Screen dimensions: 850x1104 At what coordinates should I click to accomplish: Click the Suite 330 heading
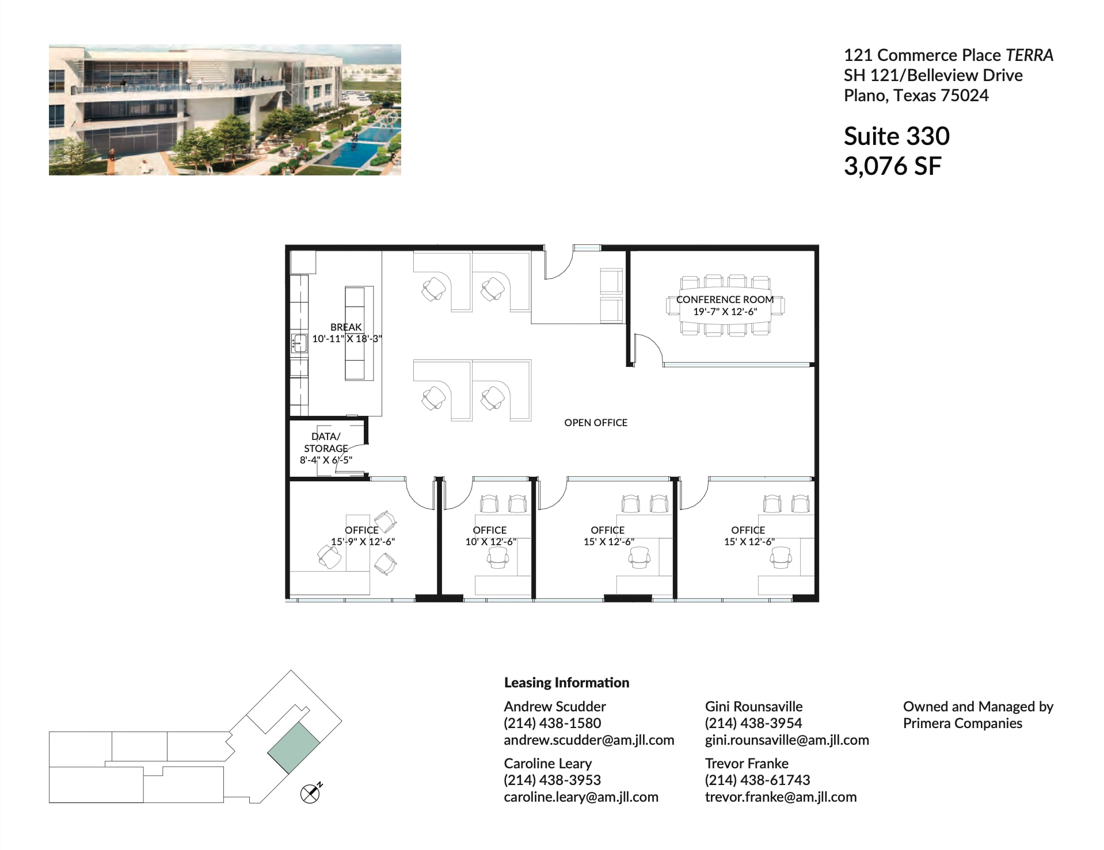click(x=896, y=136)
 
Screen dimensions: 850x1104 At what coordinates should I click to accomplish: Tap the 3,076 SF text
click(x=892, y=166)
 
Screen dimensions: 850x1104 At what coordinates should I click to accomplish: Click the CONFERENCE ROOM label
click(x=724, y=300)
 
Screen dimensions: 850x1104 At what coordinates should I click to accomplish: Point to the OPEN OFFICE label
click(x=595, y=423)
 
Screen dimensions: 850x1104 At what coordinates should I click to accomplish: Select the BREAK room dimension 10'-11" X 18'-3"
click(x=347, y=339)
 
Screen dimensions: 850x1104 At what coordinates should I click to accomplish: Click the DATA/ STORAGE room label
click(x=326, y=442)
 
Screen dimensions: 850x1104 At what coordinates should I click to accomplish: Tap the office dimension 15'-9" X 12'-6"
click(x=363, y=542)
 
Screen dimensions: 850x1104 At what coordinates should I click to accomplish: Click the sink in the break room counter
click(x=299, y=343)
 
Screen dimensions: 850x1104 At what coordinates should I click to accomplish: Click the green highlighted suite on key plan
click(x=294, y=748)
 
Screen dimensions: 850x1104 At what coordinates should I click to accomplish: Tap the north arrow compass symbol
click(x=310, y=794)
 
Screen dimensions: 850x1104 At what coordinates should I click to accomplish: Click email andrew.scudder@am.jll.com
click(x=588, y=740)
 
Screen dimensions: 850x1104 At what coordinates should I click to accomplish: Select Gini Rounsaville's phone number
click(x=753, y=723)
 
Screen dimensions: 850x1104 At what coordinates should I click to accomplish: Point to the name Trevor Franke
click(x=746, y=764)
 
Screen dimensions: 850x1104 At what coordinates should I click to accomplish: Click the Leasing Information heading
click(x=566, y=683)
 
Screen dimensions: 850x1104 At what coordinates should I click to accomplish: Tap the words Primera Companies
click(x=962, y=723)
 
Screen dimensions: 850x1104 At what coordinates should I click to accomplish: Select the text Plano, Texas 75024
click(x=916, y=95)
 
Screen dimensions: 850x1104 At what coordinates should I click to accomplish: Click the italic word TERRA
click(x=1029, y=55)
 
